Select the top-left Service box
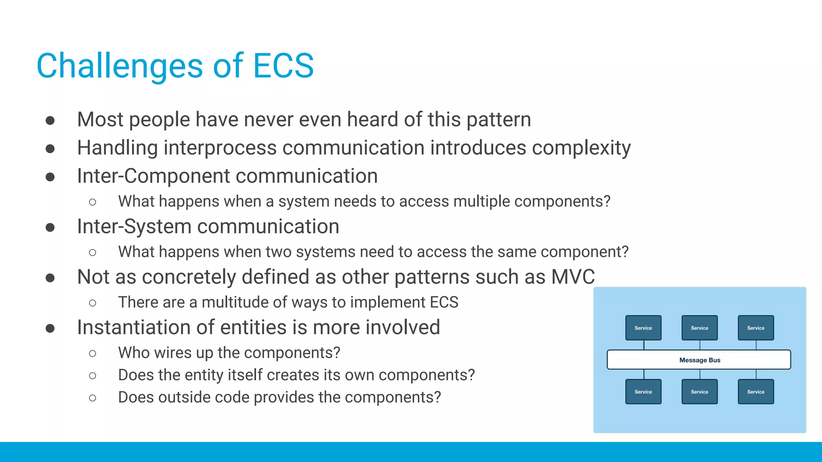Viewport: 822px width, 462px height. [x=643, y=328]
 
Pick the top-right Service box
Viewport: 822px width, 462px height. [x=755, y=328]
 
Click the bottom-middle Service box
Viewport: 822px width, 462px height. [x=699, y=391]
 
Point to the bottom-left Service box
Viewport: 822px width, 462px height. [x=643, y=391]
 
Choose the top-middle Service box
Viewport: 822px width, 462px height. [x=699, y=328]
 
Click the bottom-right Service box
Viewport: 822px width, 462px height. [x=755, y=391]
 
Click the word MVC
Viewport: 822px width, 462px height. [x=573, y=277]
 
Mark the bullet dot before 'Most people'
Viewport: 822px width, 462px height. [x=50, y=120]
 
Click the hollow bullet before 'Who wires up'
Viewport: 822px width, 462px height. [x=93, y=353]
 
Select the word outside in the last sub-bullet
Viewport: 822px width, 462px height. [x=183, y=397]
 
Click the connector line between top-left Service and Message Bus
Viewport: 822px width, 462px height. [x=644, y=345]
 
